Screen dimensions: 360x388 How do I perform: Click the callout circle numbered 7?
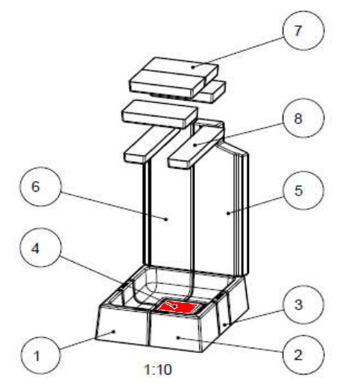tap(303, 31)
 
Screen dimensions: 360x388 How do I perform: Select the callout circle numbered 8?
tap(303, 118)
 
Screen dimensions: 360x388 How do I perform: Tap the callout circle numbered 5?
tap(303, 190)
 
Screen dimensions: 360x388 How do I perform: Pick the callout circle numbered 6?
tap(40, 187)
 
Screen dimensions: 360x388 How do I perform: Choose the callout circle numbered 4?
tap(40, 248)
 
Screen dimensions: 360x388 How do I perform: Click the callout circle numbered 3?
tap(303, 305)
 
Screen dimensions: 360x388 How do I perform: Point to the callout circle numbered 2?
tap(303, 354)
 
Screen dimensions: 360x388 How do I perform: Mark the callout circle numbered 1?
tap(40, 355)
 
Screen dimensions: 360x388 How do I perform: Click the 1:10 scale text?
tap(158, 369)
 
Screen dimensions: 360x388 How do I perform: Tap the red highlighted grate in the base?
tap(177, 307)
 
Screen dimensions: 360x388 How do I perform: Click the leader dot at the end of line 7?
tap(192, 67)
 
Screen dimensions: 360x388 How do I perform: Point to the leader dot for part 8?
tap(195, 145)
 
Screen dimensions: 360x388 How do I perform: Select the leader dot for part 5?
tap(228, 213)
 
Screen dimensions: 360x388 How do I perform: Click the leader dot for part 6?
tap(166, 219)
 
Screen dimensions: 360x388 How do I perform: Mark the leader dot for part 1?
tap(114, 331)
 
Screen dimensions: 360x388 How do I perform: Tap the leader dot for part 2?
tap(178, 337)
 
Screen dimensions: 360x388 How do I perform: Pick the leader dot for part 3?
tap(224, 325)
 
